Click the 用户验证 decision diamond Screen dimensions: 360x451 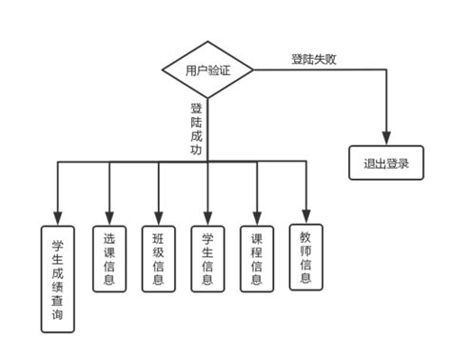tap(206, 70)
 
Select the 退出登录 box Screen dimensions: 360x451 tap(385, 163)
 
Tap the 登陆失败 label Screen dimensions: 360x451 tap(314, 58)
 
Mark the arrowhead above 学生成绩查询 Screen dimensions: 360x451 tap(58, 217)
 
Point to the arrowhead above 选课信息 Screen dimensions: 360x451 tap(109, 217)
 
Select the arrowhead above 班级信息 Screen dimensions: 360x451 tap(158, 217)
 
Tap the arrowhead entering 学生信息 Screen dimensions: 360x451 tap(207, 217)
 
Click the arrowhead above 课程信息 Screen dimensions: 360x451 tap(257, 217)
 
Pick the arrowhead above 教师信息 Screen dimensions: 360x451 tap(305, 215)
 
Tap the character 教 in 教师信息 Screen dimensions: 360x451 tap(305, 235)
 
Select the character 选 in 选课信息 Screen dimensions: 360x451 tap(109, 237)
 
